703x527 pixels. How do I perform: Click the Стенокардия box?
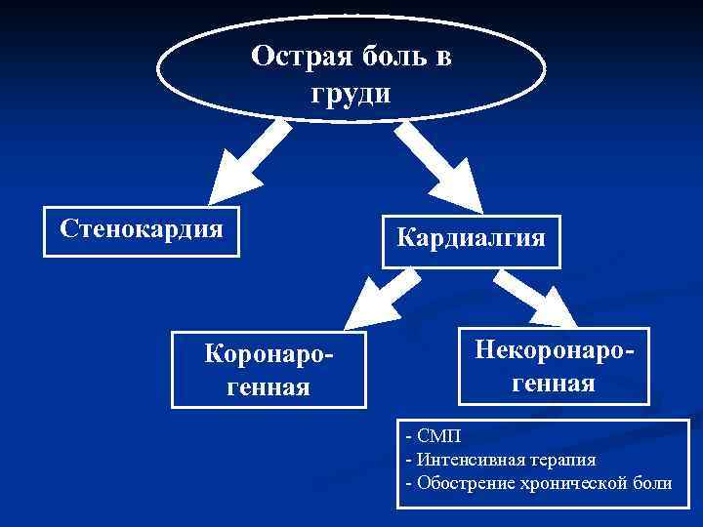click(142, 230)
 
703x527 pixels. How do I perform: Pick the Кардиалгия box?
click(471, 240)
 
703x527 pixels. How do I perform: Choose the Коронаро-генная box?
click(269, 370)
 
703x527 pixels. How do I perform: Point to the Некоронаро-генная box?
click(553, 365)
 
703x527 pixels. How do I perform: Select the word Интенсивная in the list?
click(465, 459)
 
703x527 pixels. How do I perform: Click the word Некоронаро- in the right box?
click(553, 349)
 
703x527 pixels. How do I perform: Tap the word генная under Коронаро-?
click(269, 387)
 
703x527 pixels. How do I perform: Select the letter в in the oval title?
click(443, 56)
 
